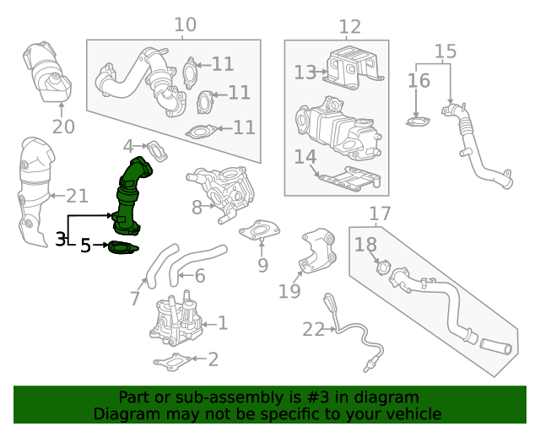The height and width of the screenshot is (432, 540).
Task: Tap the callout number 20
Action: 63,127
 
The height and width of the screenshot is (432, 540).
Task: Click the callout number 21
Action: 77,196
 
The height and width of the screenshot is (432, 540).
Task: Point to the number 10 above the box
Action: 185,24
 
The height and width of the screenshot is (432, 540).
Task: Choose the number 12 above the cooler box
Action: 349,27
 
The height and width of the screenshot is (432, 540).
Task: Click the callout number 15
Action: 445,52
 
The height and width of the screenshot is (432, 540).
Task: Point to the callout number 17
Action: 381,214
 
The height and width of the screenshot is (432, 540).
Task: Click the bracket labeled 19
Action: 319,251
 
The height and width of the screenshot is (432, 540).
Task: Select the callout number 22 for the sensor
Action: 313,329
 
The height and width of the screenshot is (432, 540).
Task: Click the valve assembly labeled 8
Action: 221,191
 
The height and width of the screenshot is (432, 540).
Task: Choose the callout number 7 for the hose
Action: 135,298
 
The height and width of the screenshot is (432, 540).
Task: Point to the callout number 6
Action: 200,276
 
